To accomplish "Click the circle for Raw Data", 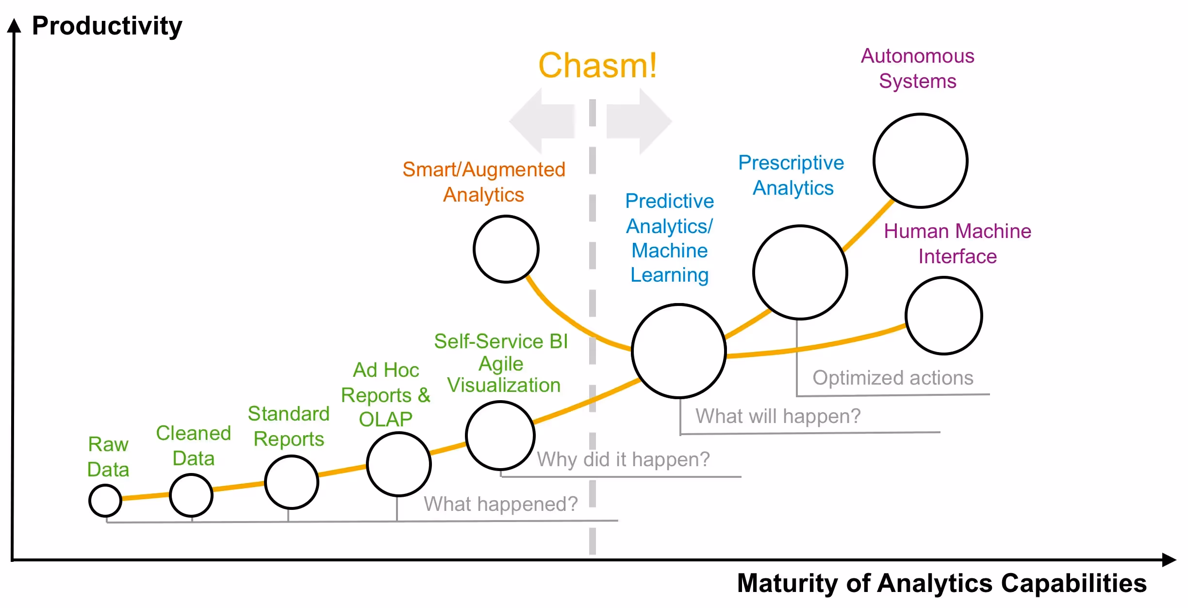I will [x=105, y=500].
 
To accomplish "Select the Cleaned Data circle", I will [x=191, y=495].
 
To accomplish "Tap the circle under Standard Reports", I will [x=292, y=482].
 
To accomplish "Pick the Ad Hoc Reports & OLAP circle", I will [x=399, y=464].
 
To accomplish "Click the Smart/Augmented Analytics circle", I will [x=506, y=249].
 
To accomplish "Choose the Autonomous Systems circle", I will [x=921, y=161].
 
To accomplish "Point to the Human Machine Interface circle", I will [x=944, y=316].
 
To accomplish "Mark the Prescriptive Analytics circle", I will [x=800, y=272].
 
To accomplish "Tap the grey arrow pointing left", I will [x=542, y=121].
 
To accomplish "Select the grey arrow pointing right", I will [x=639, y=121].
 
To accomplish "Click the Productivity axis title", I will [x=107, y=26].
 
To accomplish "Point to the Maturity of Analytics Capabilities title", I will [x=941, y=583].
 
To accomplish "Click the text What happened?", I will [x=501, y=504].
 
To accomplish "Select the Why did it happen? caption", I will [x=623, y=459].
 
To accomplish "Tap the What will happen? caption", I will [x=778, y=416].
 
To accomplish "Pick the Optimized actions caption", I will [x=893, y=378].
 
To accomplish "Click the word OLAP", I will [x=385, y=419].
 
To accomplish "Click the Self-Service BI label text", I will [x=501, y=341].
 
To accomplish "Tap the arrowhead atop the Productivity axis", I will [x=15, y=25].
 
